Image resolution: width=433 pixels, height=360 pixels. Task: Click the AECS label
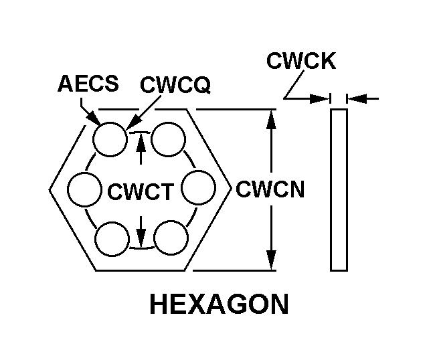tap(88, 84)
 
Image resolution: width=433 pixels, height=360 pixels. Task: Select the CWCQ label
tap(175, 84)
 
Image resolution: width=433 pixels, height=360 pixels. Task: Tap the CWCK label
tap(301, 60)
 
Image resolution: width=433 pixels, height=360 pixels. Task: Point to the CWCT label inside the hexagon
tap(141, 191)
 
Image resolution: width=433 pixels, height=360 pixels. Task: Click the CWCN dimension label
tap(270, 189)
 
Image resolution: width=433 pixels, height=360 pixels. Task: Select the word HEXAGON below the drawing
tap(220, 304)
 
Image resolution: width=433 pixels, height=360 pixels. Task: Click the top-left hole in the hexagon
tap(110, 139)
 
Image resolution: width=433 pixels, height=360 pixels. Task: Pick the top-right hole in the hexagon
tap(169, 139)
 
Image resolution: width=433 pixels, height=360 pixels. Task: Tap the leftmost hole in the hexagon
tap(84, 189)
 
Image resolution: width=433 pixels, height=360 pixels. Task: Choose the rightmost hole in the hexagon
tap(198, 187)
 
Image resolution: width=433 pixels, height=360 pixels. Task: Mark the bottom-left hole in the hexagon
tap(112, 239)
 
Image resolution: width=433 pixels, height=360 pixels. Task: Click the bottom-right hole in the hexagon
tap(171, 237)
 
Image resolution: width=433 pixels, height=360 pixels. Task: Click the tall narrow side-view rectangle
tap(339, 190)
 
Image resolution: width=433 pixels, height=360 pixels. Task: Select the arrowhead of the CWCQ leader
tap(133, 122)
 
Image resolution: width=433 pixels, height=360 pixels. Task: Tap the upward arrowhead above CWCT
tap(141, 141)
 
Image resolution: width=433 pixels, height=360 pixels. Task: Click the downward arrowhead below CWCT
tap(141, 238)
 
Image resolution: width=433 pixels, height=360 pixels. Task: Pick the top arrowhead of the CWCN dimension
tap(271, 119)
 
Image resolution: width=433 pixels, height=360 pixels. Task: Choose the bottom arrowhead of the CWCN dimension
tap(271, 260)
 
